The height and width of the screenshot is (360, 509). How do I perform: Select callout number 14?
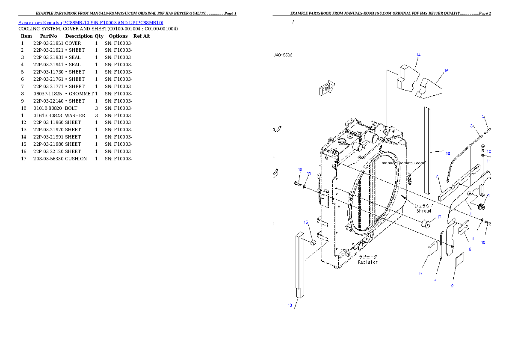(418, 55)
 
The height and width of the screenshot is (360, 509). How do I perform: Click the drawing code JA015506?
(283, 55)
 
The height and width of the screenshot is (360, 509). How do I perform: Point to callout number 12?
(447, 153)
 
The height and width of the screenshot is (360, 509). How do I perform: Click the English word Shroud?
(423, 211)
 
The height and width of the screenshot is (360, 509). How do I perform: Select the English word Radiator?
(368, 262)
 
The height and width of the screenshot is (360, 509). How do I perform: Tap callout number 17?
(439, 217)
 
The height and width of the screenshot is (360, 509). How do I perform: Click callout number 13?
(290, 305)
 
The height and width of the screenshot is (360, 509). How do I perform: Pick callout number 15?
(306, 222)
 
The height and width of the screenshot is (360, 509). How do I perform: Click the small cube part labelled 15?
(312, 242)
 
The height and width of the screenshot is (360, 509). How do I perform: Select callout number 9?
(420, 274)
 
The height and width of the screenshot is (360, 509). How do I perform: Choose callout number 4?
(435, 280)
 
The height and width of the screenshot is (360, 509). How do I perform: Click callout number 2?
(452, 286)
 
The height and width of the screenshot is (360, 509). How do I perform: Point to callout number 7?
(437, 176)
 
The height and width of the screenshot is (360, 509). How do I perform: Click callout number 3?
(471, 126)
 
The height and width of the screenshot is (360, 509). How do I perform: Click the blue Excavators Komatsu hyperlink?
(91, 22)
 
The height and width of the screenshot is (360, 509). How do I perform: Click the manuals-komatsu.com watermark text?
(403, 163)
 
